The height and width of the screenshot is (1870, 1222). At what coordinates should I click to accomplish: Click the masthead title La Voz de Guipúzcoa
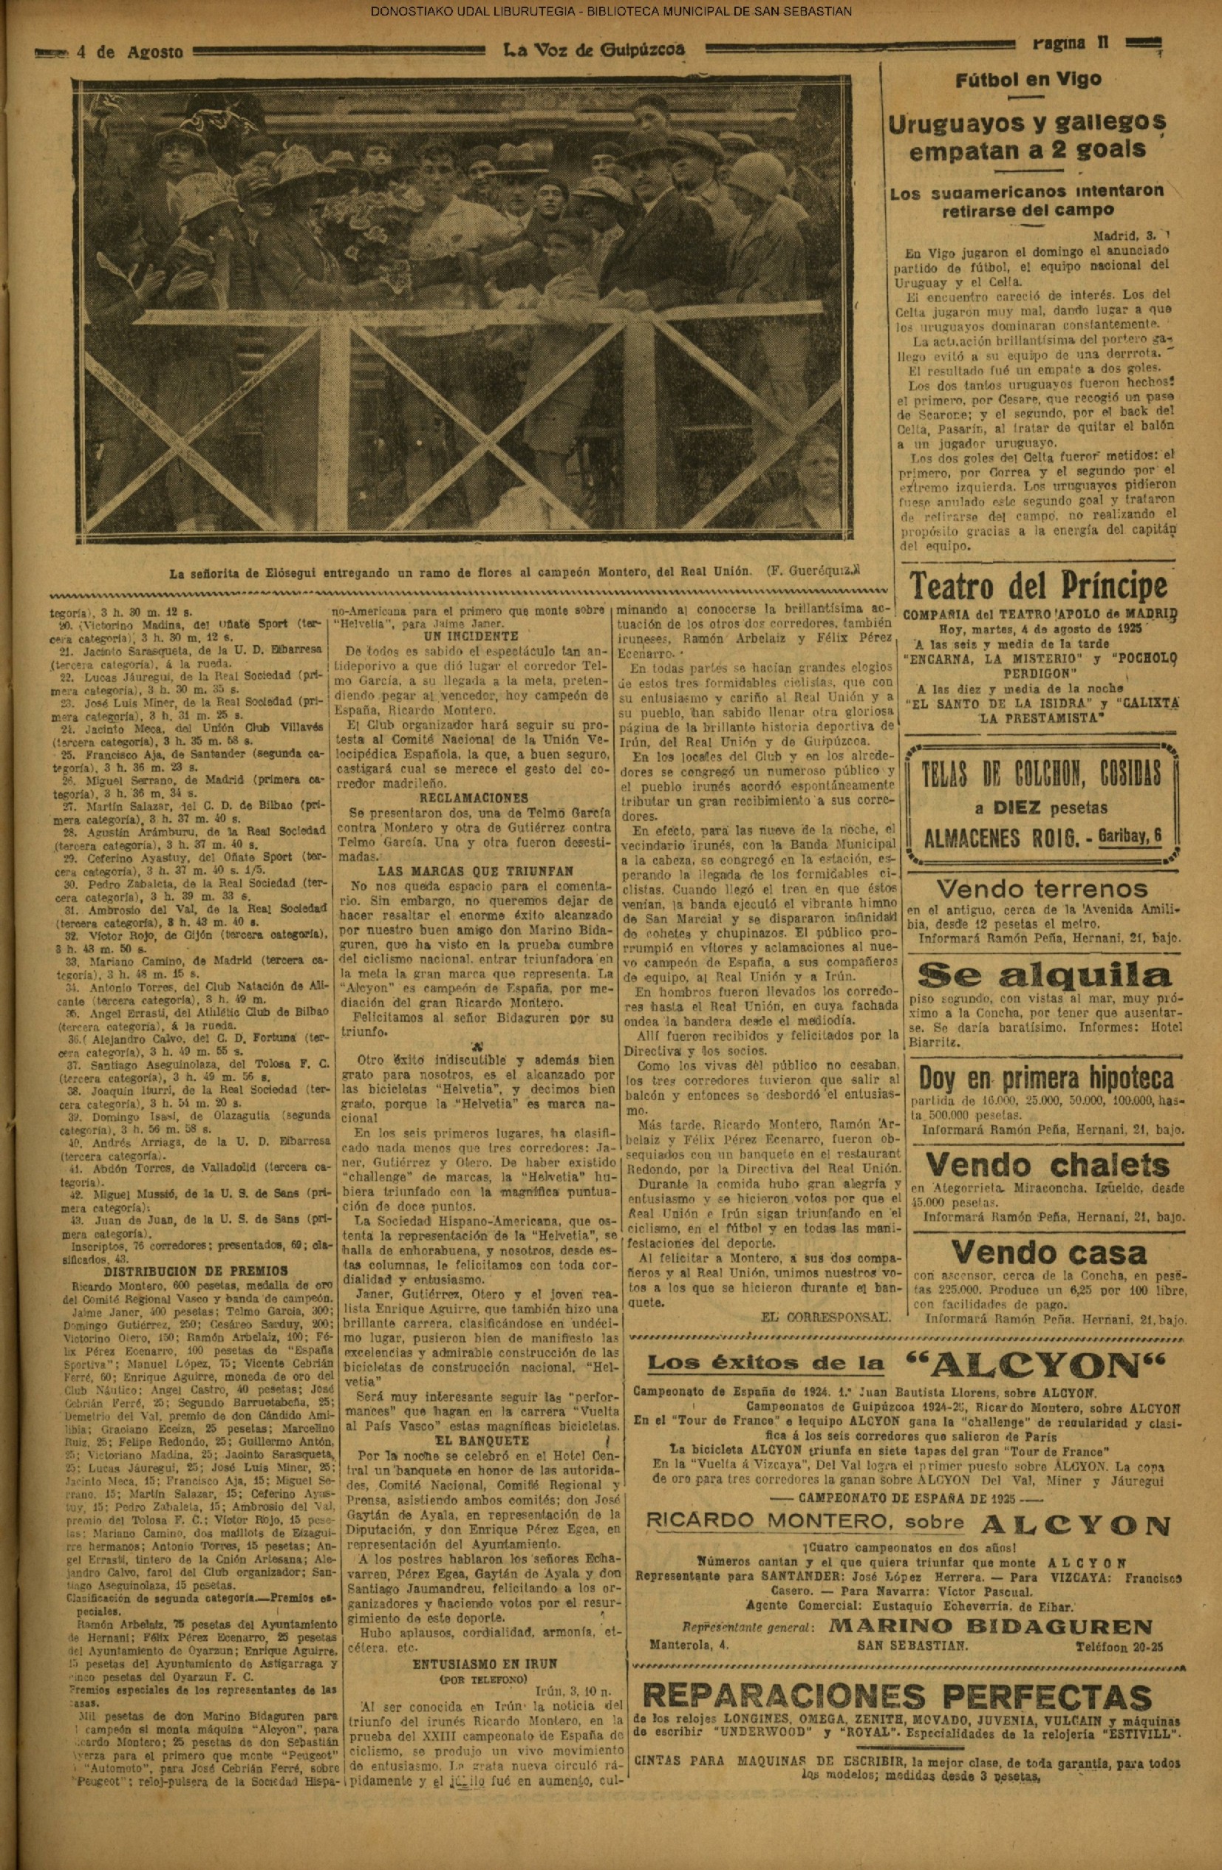[593, 50]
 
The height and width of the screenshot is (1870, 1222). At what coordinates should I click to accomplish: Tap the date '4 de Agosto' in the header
[131, 52]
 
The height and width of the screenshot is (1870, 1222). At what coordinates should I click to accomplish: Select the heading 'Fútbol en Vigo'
[1028, 79]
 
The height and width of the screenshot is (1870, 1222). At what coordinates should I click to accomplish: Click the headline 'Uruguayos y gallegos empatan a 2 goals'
[1027, 136]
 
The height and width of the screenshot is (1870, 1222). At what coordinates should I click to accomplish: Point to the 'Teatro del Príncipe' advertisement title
[1037, 586]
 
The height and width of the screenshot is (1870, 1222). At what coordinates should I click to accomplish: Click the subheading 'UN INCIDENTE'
[470, 636]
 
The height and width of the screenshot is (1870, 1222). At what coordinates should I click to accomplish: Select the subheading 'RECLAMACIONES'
[470, 797]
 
